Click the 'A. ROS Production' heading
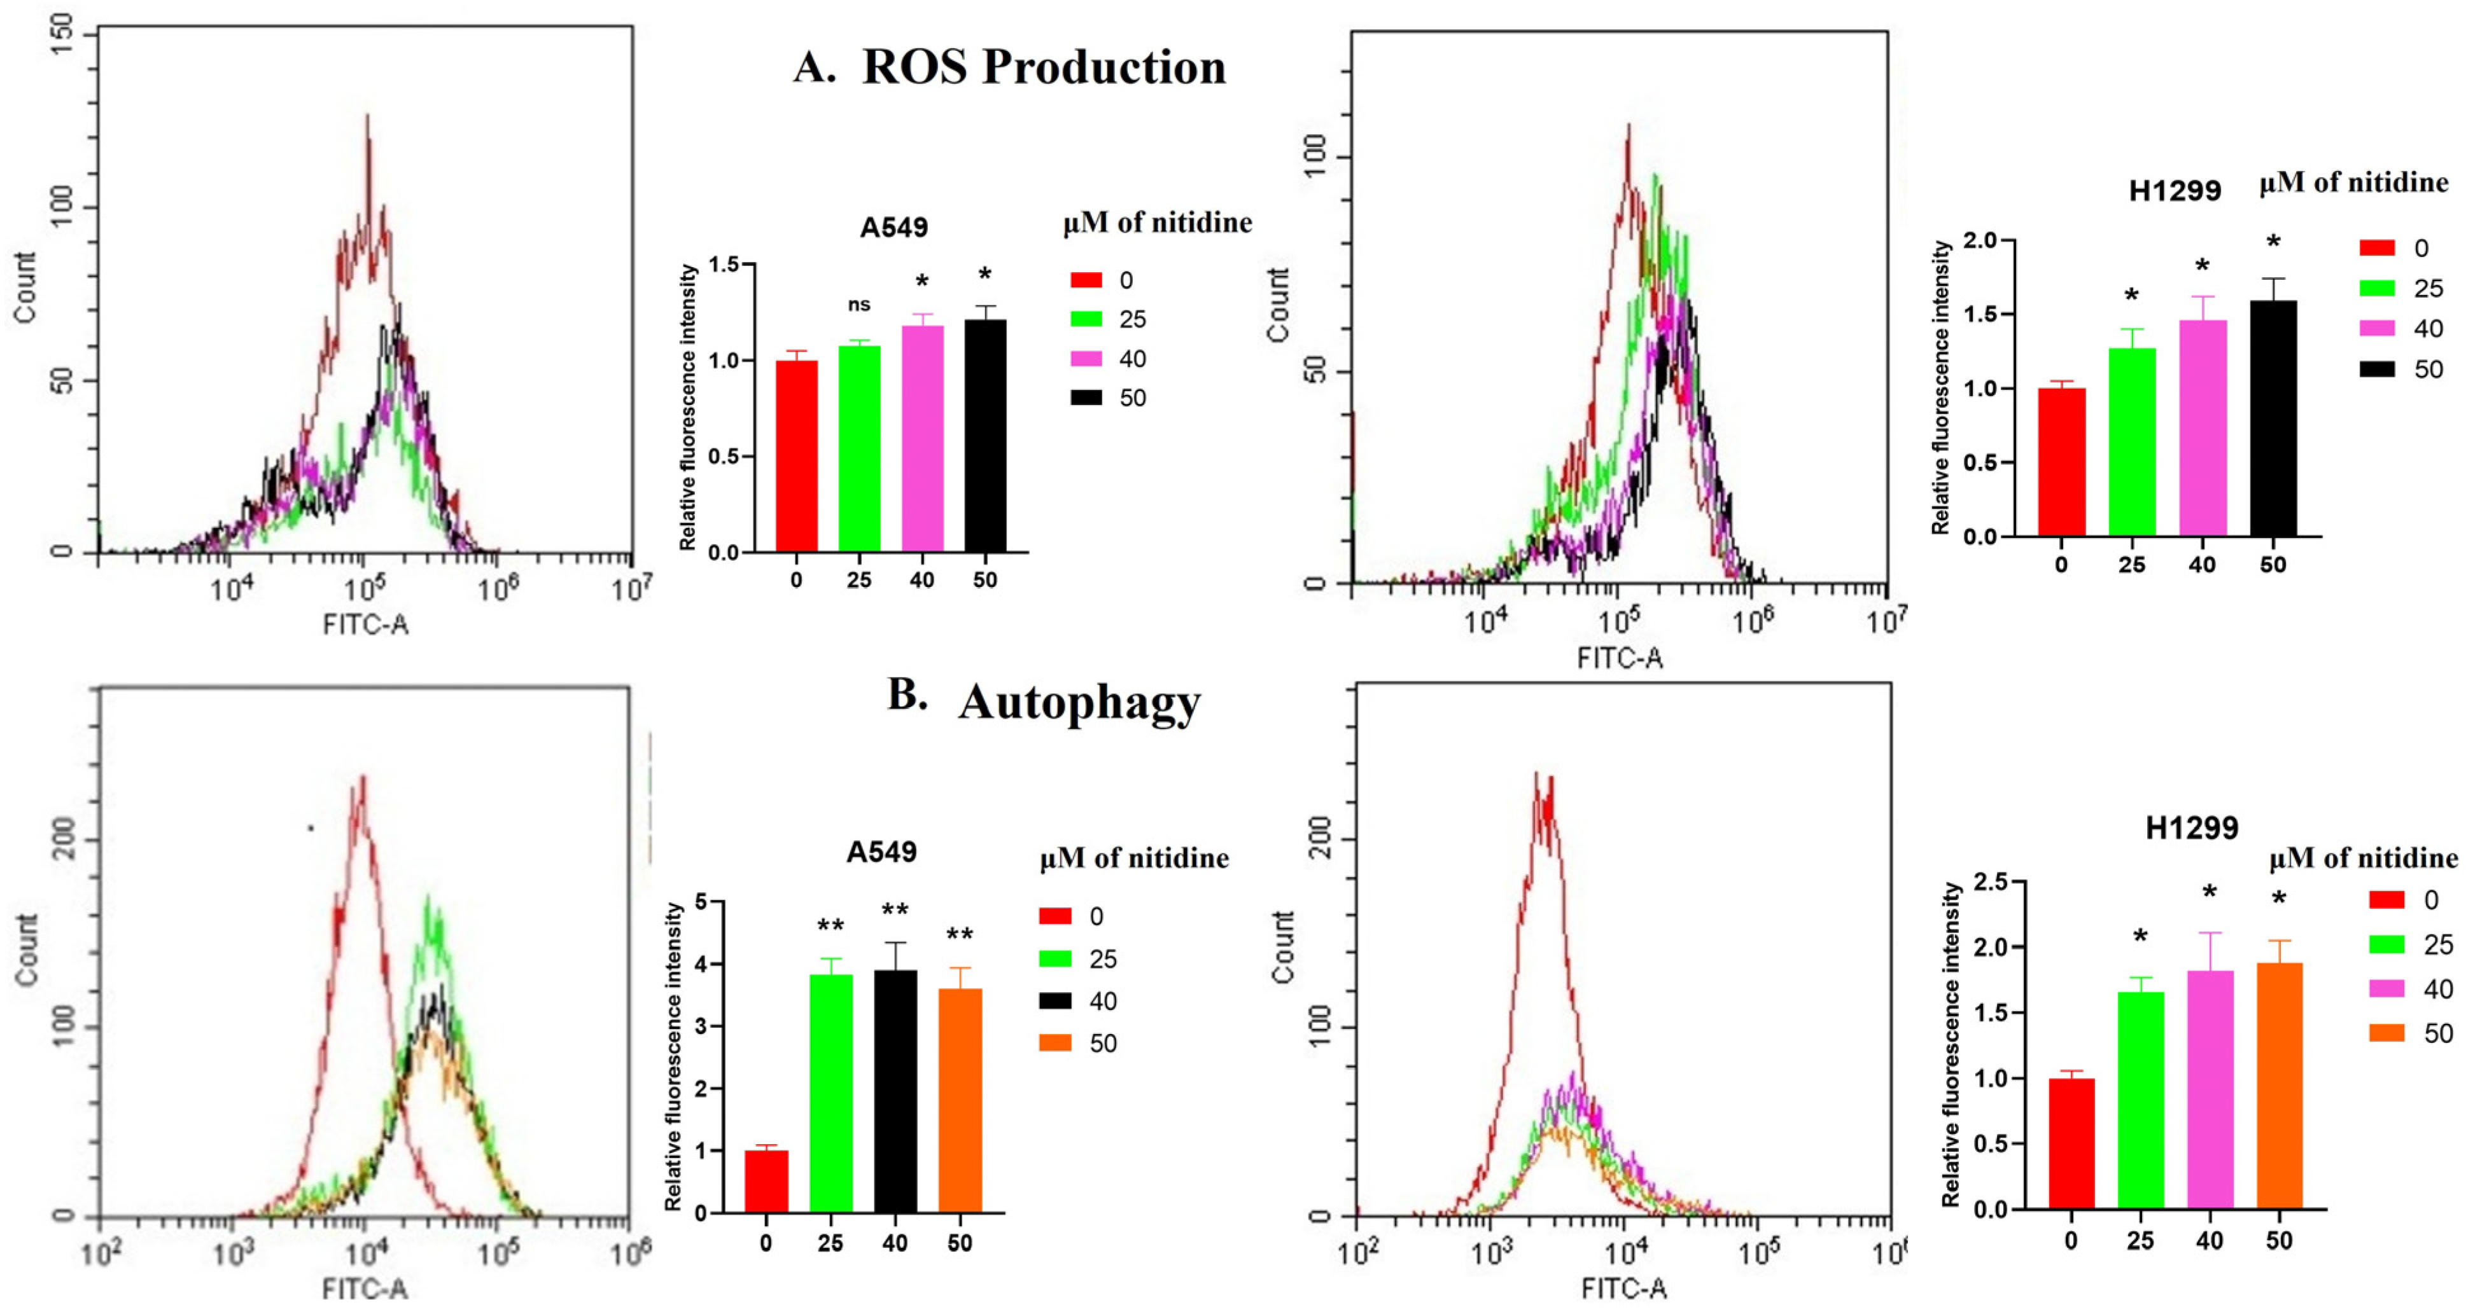(x=1010, y=67)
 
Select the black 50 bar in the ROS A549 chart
(x=985, y=436)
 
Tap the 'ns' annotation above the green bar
(x=858, y=305)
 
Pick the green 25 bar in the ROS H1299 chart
(x=2132, y=442)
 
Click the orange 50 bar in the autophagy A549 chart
(x=960, y=1100)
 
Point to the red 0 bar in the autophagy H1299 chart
(x=2071, y=1143)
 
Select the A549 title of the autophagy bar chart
(x=881, y=851)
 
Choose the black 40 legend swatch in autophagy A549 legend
(x=1055, y=1001)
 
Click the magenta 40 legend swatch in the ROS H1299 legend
(x=2377, y=328)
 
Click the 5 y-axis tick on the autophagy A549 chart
(x=702, y=901)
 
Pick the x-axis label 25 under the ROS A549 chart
(x=858, y=580)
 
